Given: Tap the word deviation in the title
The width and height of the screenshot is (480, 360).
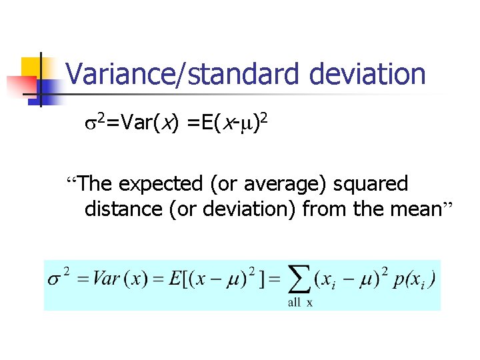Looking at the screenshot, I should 367,74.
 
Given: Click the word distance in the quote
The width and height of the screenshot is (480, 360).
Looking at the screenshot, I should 124,209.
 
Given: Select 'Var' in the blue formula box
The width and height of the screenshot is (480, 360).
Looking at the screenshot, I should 105,279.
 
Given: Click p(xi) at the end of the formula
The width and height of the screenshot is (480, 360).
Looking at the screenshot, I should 415,279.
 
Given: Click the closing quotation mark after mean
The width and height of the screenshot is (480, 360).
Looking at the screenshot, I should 448,205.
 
